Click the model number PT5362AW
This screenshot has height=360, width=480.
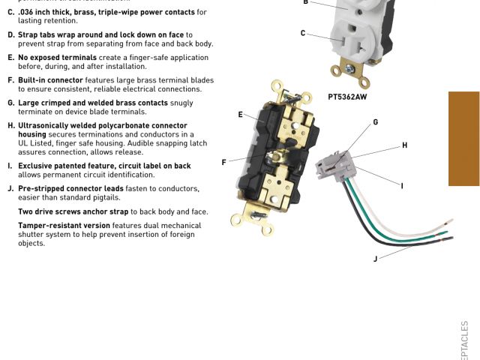pyautogui.click(x=347, y=97)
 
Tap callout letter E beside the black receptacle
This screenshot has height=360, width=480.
pyautogui.click(x=241, y=115)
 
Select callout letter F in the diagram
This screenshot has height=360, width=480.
pyautogui.click(x=223, y=162)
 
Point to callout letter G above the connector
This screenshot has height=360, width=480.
pyautogui.click(x=375, y=122)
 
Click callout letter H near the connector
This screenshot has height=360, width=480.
pyautogui.click(x=404, y=145)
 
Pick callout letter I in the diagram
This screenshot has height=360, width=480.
pyautogui.click(x=402, y=185)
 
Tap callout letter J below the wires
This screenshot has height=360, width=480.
pyautogui.click(x=375, y=259)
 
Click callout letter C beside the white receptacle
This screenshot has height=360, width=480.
pyautogui.click(x=303, y=33)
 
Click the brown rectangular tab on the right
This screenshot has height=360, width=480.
pyautogui.click(x=463, y=139)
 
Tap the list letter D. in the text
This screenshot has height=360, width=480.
pyautogui.click(x=11, y=34)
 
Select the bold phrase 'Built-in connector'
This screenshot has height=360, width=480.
pyautogui.click(x=50, y=79)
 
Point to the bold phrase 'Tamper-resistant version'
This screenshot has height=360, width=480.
pyautogui.click(x=64, y=225)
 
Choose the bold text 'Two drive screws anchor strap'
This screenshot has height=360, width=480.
pyautogui.click(x=73, y=211)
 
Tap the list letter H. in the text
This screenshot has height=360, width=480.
pyautogui.click(x=11, y=126)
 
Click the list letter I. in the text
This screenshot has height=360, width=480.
pyautogui.click(x=10, y=166)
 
